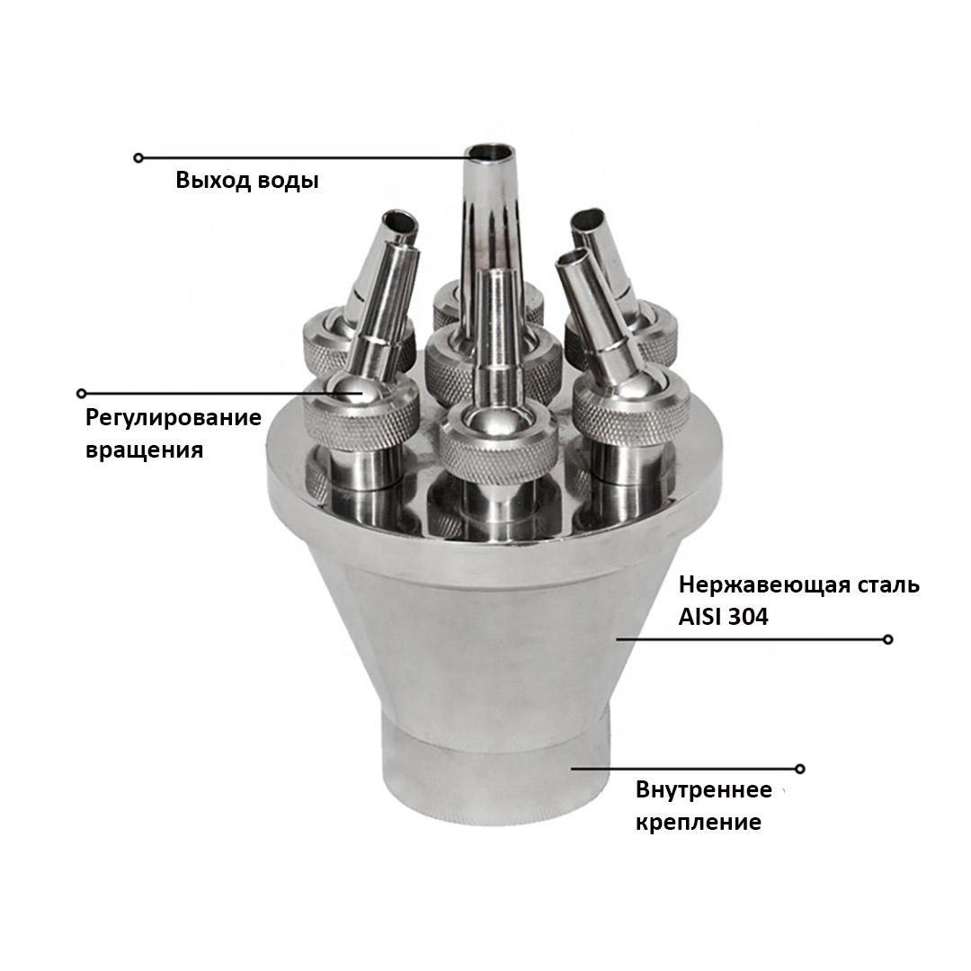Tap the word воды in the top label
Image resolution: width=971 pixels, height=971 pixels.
coord(288,181)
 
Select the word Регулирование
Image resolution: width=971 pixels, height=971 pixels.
coord(174,418)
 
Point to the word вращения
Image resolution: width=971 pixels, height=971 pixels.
coord(144,450)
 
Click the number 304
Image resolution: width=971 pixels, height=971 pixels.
coord(748,618)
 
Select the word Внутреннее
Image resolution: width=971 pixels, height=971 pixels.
coord(704,790)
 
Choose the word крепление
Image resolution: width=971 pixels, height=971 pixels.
coord(699,823)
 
